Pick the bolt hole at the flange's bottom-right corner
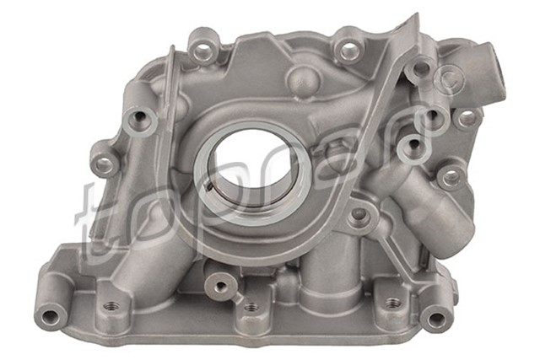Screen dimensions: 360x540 436,318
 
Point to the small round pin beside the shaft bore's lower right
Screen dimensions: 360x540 360,214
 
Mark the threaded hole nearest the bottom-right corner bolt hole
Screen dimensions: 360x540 391,301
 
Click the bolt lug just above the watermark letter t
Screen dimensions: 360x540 104,164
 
